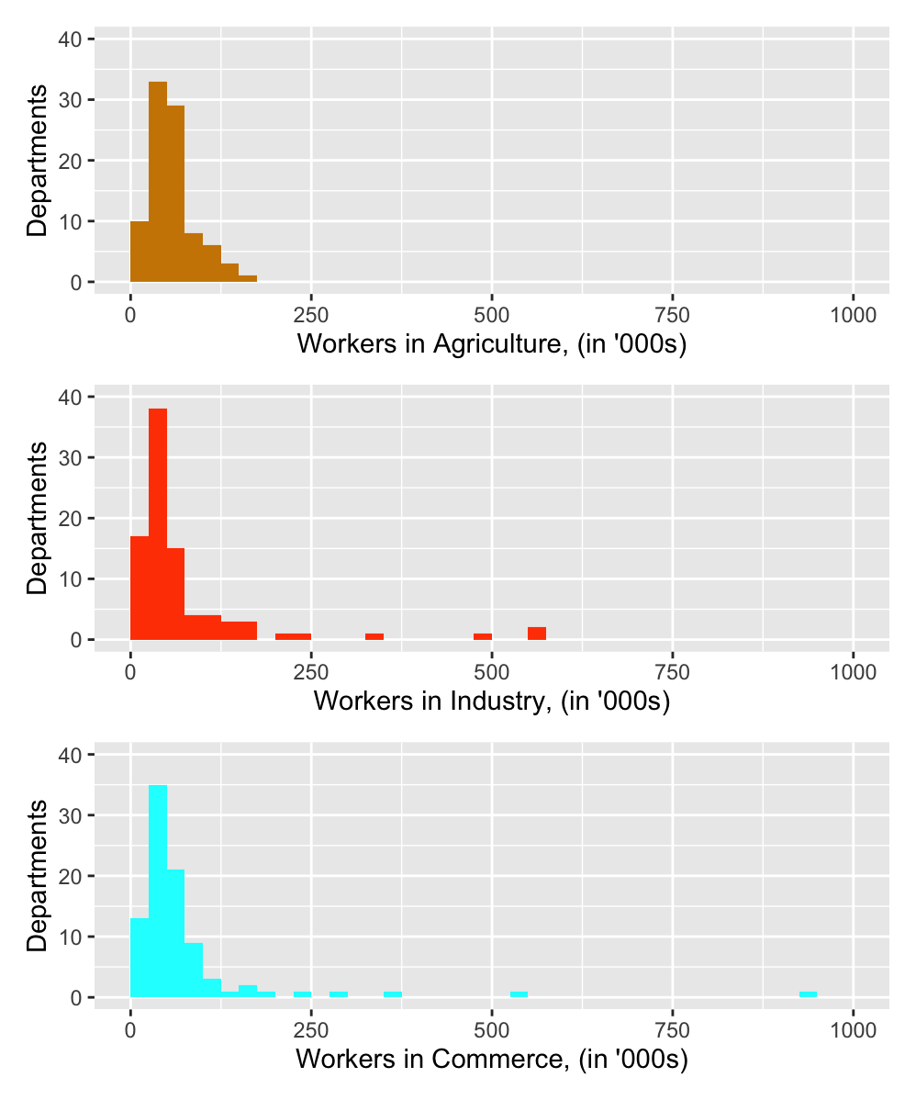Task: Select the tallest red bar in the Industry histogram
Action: (x=158, y=523)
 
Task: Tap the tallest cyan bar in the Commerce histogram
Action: (x=158, y=891)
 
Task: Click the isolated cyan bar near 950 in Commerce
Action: (x=808, y=994)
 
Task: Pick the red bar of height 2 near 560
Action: (x=537, y=634)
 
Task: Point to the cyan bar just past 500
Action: (x=519, y=994)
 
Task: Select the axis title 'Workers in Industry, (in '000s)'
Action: (x=492, y=702)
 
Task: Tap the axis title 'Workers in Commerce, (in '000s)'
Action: (x=492, y=1060)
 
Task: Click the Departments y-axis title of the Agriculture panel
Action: (x=37, y=161)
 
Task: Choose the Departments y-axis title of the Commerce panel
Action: (x=37, y=876)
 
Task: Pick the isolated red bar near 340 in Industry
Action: (x=374, y=636)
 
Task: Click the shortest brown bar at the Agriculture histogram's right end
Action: (x=248, y=278)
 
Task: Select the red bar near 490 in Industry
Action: (x=483, y=636)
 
